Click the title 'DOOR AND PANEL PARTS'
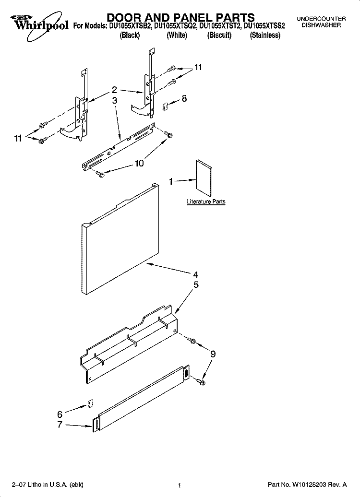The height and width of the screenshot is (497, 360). pyautogui.click(x=180, y=19)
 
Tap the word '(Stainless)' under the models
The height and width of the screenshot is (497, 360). pyautogui.click(x=265, y=36)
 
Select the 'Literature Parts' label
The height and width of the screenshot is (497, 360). pyautogui.click(x=206, y=202)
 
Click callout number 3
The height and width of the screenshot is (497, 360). pyautogui.click(x=115, y=100)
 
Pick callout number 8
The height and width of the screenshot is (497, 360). pyautogui.click(x=184, y=98)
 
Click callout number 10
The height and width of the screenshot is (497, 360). pyautogui.click(x=139, y=163)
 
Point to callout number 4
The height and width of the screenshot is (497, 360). pyautogui.click(x=195, y=275)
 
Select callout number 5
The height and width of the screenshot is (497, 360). pyautogui.click(x=195, y=285)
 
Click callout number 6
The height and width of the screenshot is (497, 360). pyautogui.click(x=60, y=414)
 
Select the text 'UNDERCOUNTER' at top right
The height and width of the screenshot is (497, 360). pyautogui.click(x=321, y=18)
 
